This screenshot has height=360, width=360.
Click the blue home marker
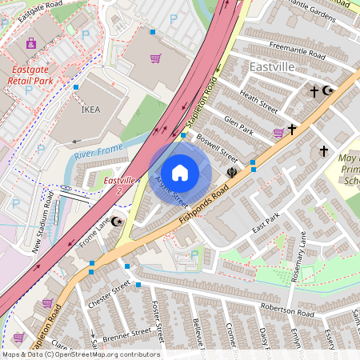click(x=180, y=172)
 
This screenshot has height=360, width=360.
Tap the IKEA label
click(x=91, y=110)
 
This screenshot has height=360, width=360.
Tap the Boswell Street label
click(x=218, y=147)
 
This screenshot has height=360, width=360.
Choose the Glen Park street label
click(x=238, y=125)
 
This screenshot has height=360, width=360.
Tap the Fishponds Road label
click(x=203, y=202)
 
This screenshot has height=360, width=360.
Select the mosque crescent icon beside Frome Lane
click(x=118, y=221)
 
